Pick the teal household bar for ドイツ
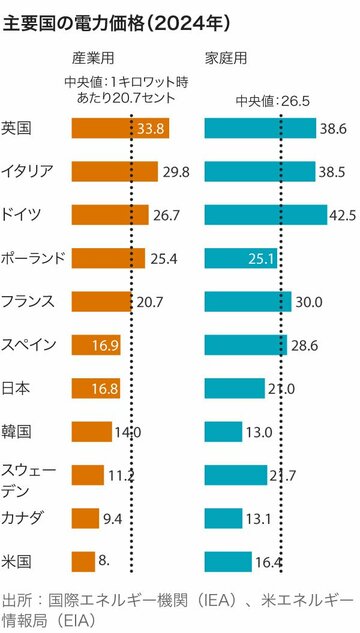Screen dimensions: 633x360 coord(265,214)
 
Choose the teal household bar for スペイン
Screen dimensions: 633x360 coord(245,345)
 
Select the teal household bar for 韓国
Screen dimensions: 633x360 coord(221,431)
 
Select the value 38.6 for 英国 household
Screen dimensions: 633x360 coord(335,128)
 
